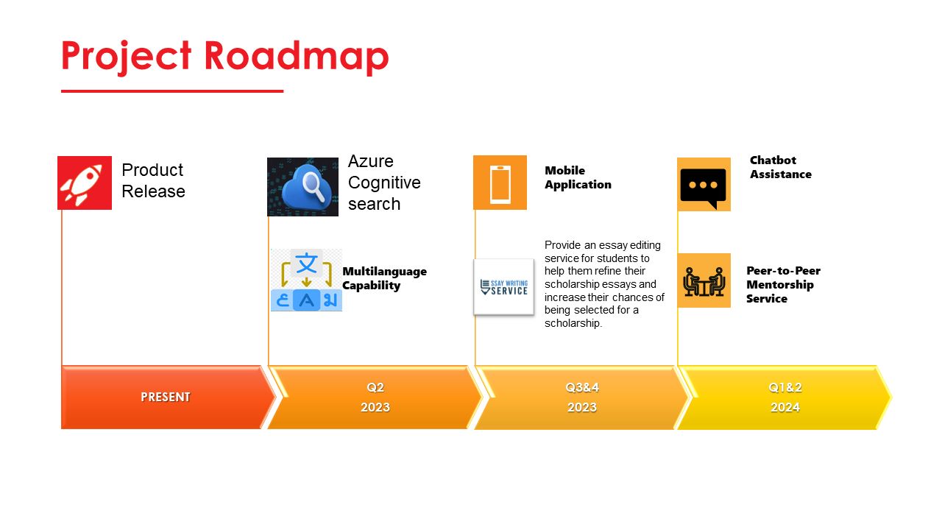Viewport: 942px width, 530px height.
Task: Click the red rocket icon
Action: pos(85,183)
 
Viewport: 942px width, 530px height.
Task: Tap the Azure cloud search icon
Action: pos(302,187)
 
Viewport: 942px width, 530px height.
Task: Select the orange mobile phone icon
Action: pos(500,183)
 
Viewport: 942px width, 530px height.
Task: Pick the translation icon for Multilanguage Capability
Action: pos(307,280)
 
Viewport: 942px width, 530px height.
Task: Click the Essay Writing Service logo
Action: pos(504,287)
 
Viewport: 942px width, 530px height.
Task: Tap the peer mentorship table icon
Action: pos(704,280)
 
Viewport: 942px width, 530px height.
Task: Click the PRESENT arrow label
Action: pos(166,397)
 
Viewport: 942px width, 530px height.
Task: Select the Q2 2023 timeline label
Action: pos(375,397)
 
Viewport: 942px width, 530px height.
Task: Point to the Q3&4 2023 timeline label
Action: pos(582,397)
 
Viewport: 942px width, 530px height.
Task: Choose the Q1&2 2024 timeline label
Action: pos(785,397)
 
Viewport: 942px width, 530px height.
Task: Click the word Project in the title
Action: pos(127,57)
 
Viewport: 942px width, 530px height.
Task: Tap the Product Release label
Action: pos(153,180)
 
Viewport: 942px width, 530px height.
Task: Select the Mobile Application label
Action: pos(578,177)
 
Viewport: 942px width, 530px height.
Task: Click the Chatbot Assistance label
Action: pos(781,167)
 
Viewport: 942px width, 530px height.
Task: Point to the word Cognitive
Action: pos(384,183)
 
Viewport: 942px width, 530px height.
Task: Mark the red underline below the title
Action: pos(172,91)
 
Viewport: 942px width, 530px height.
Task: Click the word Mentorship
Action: pos(780,285)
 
